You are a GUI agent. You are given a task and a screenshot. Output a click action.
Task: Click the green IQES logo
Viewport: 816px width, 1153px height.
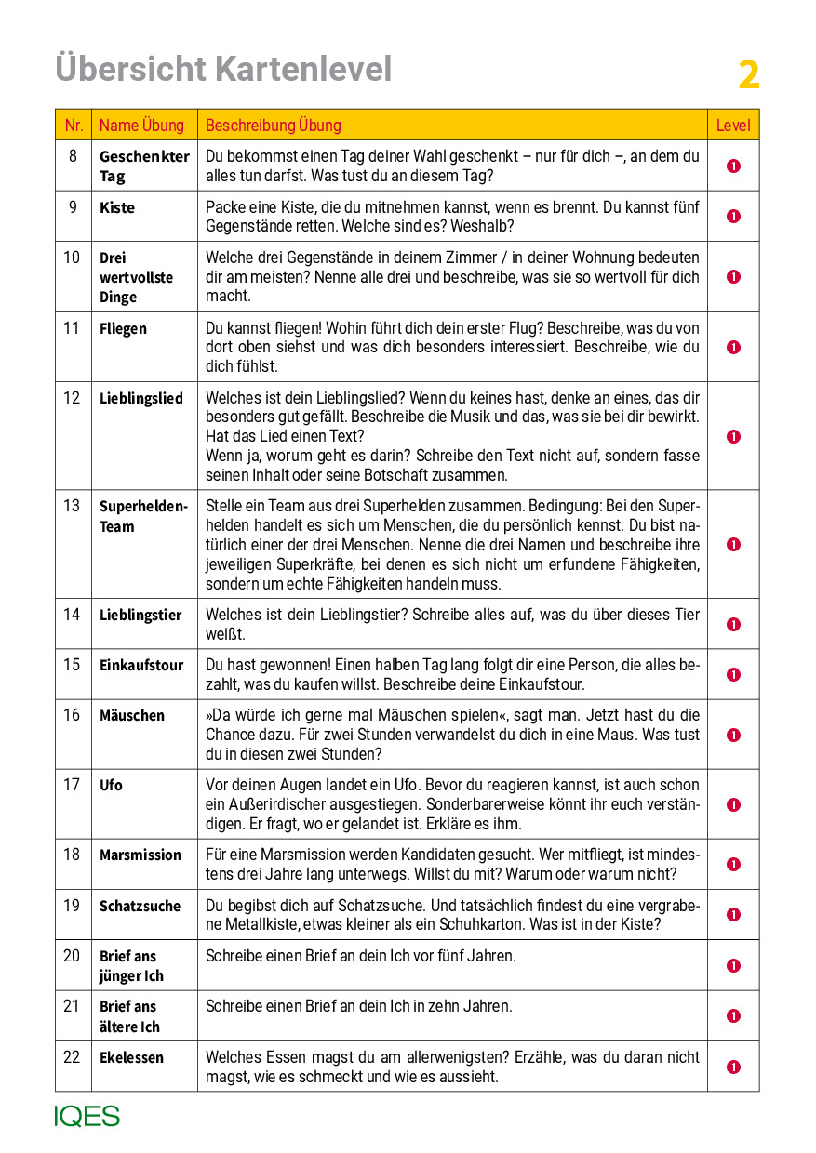point(87,1116)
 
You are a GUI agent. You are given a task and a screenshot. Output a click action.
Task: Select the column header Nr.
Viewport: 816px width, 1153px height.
point(74,126)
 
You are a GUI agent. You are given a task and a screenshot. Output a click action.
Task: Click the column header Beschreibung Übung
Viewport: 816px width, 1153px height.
point(273,126)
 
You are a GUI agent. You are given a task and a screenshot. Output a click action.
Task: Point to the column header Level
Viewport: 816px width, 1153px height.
point(732,126)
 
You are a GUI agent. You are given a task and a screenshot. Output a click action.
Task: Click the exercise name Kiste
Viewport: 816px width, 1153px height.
point(117,207)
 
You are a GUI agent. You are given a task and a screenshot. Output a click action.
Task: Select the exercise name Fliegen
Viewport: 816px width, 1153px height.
point(123,328)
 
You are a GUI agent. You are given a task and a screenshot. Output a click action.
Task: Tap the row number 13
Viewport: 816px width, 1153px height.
point(72,506)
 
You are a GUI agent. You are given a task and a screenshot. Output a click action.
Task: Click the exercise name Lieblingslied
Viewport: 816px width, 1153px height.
point(141,398)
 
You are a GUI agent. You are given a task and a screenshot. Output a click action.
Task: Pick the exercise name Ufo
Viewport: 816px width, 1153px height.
point(111,785)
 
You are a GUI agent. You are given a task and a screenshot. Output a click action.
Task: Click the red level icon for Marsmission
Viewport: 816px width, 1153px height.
point(733,865)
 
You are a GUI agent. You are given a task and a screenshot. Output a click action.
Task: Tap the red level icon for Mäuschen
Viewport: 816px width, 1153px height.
point(733,735)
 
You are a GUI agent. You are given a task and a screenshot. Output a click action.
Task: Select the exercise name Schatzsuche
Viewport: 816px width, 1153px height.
point(140,906)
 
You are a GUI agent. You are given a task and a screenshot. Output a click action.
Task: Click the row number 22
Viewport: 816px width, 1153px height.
point(72,1057)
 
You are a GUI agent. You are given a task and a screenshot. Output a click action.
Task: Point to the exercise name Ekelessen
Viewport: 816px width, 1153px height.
point(131,1057)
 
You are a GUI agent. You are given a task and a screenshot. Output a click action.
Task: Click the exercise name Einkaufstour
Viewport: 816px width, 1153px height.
point(141,665)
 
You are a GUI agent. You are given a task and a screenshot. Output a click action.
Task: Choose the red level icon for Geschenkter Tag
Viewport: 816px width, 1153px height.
point(733,166)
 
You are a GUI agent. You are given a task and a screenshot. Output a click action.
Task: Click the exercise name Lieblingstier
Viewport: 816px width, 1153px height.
point(140,615)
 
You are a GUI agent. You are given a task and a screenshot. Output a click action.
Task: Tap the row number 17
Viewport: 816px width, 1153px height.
point(72,785)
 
